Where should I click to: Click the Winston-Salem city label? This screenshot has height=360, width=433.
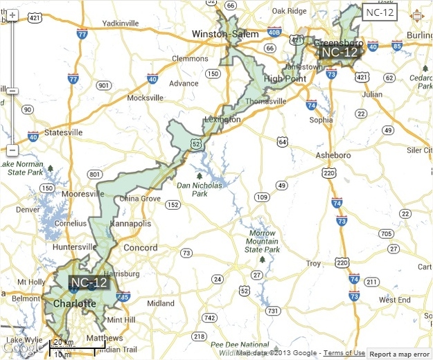pyautogui.click(x=225, y=34)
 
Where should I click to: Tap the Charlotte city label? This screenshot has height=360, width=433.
pyautogui.click(x=70, y=304)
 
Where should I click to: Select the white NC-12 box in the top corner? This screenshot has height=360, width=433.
pyautogui.click(x=380, y=12)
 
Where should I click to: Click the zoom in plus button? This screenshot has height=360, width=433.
pyautogui.click(x=12, y=15)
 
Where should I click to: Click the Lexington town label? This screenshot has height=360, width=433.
pyautogui.click(x=222, y=120)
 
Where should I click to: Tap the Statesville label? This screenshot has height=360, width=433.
pyautogui.click(x=63, y=132)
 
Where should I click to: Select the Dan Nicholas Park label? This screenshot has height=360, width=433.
pyautogui.click(x=200, y=189)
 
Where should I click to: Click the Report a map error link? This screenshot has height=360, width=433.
pyautogui.click(x=398, y=353)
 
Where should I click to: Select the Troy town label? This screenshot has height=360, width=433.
pyautogui.click(x=314, y=263)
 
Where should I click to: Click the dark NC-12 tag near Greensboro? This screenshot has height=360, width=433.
pyautogui.click(x=339, y=52)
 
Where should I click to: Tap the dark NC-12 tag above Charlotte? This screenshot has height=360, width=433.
pyautogui.click(x=89, y=282)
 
